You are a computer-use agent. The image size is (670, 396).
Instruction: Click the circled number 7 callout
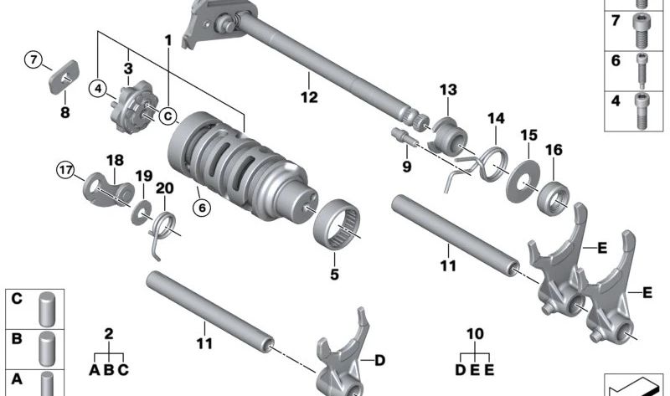coord(33,60)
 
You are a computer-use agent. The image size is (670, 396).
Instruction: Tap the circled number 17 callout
coord(66,167)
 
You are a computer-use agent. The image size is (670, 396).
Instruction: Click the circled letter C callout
coord(168,116)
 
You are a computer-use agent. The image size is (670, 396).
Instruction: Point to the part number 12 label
coord(310,98)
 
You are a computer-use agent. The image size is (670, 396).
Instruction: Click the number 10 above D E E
coord(476,334)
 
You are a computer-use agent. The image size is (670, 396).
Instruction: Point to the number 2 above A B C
coord(109,334)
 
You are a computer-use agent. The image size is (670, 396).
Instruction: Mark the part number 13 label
coord(447,90)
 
